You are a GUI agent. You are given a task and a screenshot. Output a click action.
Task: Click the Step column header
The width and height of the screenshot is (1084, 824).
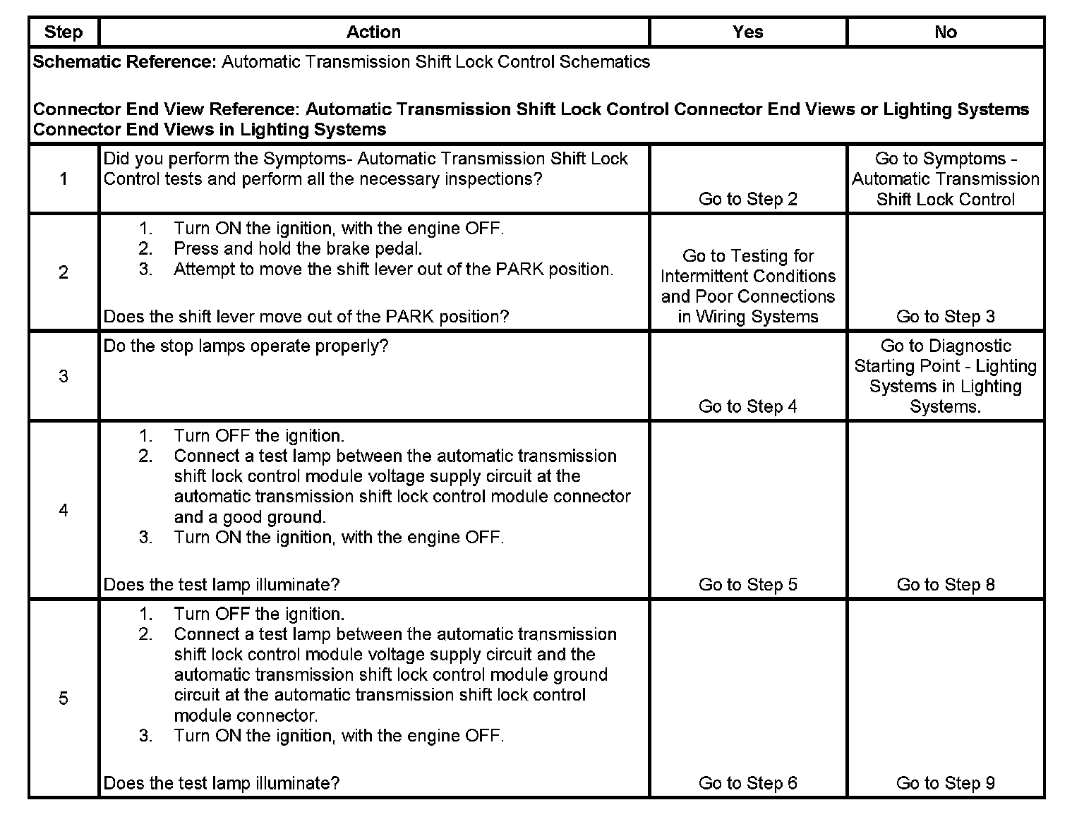[x=64, y=32]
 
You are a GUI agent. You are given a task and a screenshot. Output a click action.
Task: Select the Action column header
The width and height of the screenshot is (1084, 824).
[x=373, y=32]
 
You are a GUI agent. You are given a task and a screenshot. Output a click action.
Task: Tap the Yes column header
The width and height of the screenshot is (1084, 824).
[x=747, y=32]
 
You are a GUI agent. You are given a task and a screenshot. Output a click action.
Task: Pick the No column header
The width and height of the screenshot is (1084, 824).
[x=945, y=32]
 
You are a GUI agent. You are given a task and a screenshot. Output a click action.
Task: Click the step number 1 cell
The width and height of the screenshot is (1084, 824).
[x=64, y=179]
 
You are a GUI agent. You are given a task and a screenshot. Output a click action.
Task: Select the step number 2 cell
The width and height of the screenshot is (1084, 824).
[x=64, y=273]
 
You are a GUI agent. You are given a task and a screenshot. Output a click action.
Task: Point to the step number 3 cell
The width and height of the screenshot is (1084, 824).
[x=64, y=376]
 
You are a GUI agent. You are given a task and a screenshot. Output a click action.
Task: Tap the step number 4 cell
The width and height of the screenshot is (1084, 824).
[x=64, y=510]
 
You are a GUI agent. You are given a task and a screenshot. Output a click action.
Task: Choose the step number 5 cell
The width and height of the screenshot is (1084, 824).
[x=64, y=698]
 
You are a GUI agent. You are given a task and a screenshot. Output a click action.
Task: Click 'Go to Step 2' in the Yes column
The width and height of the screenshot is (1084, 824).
[x=747, y=200]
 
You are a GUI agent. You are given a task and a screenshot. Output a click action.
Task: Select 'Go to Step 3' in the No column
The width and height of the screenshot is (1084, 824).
[x=945, y=317]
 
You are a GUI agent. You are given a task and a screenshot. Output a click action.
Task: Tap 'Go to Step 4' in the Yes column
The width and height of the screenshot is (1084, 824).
[x=747, y=406]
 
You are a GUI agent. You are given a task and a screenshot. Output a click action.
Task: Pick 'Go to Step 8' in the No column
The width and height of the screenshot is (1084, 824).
[x=945, y=585]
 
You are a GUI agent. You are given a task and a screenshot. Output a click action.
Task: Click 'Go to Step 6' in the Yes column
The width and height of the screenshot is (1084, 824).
[x=747, y=783]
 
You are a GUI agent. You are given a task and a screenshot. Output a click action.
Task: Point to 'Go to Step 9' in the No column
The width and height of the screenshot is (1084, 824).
[x=945, y=783]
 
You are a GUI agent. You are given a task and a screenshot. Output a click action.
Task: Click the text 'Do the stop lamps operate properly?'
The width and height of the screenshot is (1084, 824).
[x=246, y=346]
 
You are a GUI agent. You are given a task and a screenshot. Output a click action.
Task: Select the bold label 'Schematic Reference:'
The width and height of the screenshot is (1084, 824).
[x=124, y=62]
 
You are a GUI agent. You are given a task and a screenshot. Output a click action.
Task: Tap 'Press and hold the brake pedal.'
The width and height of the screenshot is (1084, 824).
[x=298, y=249]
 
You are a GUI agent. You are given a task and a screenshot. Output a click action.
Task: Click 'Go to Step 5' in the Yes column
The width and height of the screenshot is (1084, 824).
[x=747, y=585]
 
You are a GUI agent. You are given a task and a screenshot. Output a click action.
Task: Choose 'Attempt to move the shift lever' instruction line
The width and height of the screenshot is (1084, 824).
[x=393, y=269]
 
